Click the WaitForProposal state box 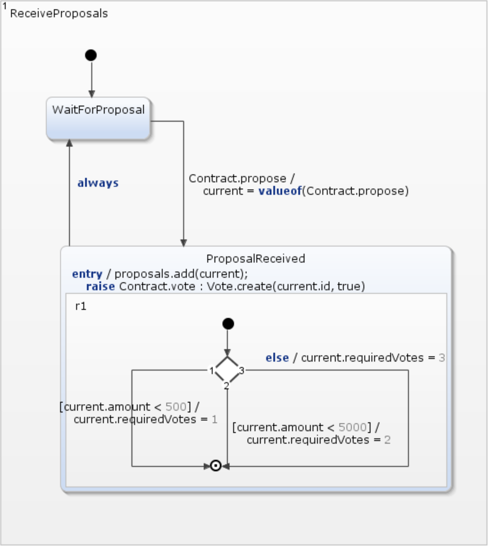tap(98, 119)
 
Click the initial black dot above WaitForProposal tap(91, 55)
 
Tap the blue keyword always tap(98, 183)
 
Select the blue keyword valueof tap(280, 191)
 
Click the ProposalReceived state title tap(256, 258)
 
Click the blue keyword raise tap(100, 286)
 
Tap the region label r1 tap(81, 306)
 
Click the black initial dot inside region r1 tap(228, 324)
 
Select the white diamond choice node tap(227, 370)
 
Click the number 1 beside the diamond tap(212, 370)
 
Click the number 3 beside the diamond tap(242, 370)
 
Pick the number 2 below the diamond tap(226, 385)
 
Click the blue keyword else tap(277, 358)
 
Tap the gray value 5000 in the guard tap(353, 427)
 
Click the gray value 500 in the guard tap(176, 407)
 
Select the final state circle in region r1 tap(216, 465)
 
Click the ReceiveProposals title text tap(59, 13)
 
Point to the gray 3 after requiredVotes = tap(442, 358)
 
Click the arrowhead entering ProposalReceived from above tap(183, 243)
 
